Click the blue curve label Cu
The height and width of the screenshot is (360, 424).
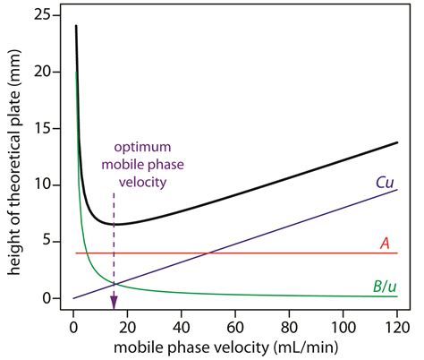point(386,182)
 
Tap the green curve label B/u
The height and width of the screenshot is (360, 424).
point(385,286)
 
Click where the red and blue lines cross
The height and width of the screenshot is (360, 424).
point(208,253)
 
